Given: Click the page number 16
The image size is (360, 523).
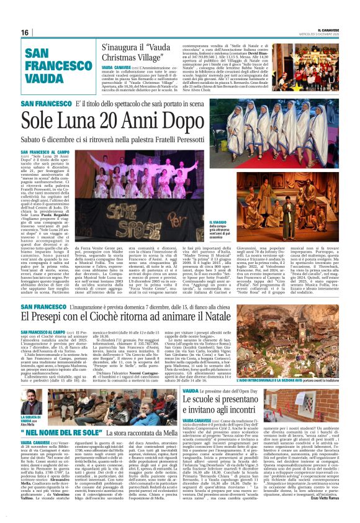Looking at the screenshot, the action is [x=25, y=32].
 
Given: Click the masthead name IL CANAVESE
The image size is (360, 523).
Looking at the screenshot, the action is [x=323, y=28].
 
